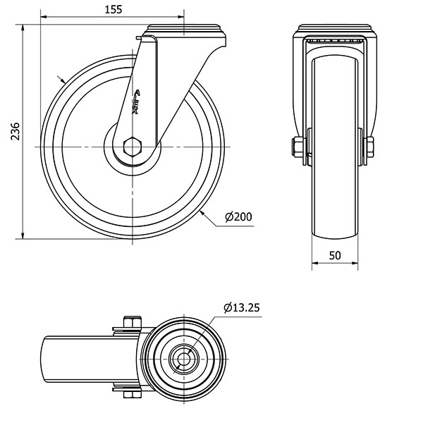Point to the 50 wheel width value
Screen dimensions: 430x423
pos(335,255)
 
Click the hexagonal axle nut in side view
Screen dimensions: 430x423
pos(132,147)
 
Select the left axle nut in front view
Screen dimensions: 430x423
pos(297,147)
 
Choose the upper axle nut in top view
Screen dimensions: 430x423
pos(131,324)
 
